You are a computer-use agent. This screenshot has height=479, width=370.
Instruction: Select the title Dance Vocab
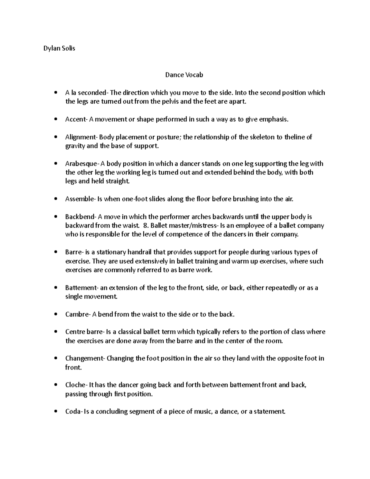[x=184, y=75]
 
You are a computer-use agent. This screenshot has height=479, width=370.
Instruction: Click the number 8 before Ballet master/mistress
[x=146, y=226]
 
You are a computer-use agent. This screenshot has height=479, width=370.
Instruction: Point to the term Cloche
[x=75, y=385]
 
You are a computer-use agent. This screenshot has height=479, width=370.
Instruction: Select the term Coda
[x=72, y=412]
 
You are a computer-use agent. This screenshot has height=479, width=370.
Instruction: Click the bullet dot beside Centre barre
[x=55, y=332]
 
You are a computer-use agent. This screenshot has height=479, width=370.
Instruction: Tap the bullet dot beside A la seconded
[x=55, y=93]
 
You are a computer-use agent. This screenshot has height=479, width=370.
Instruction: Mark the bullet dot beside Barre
[x=55, y=252]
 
